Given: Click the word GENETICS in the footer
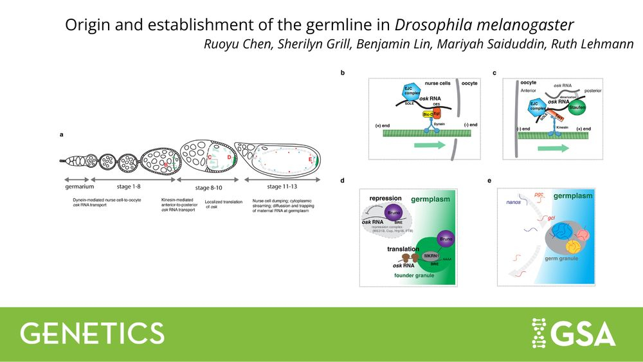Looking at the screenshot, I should point(93,332).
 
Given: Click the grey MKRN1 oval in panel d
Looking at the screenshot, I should point(431,256).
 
